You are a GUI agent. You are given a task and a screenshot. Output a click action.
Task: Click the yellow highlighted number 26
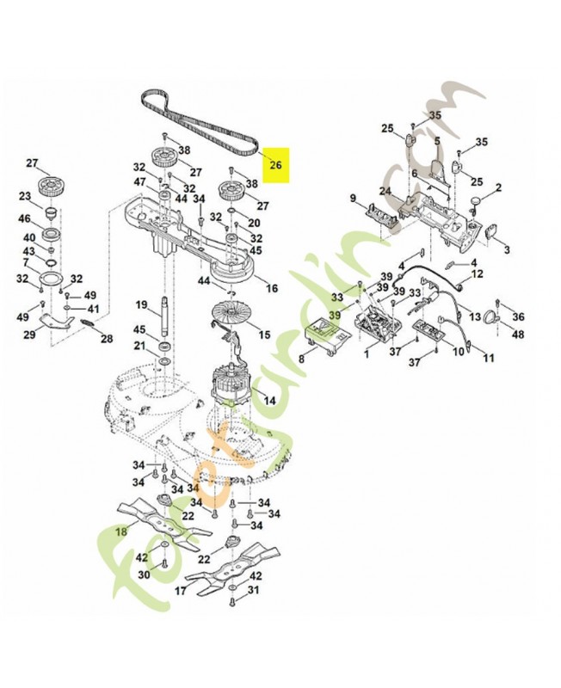(x=275, y=164)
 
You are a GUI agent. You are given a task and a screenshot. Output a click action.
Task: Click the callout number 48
(x=518, y=335)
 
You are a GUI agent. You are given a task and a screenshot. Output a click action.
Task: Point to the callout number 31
(x=253, y=592)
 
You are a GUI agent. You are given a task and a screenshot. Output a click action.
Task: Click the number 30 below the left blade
(x=144, y=574)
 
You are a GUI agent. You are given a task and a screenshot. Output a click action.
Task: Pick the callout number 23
(x=25, y=195)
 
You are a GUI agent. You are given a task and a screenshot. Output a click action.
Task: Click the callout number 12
(x=478, y=273)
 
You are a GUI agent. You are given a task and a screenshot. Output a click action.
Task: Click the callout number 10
(x=459, y=351)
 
